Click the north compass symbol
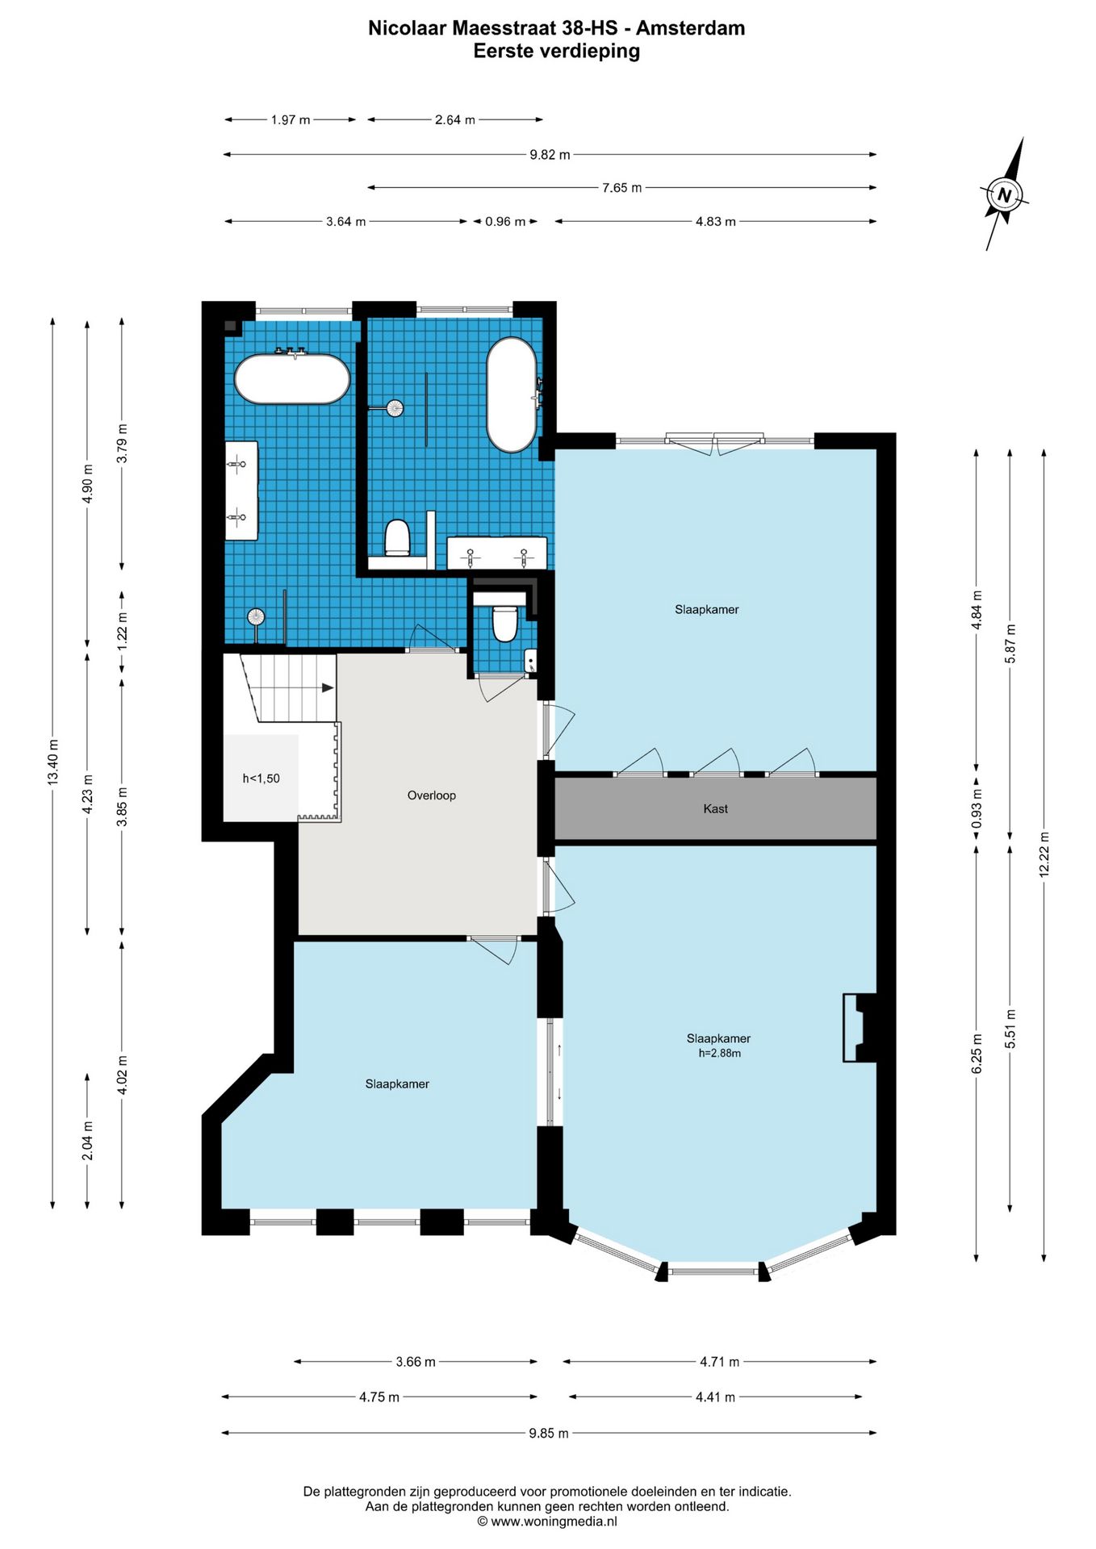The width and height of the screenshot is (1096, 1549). pyautogui.click(x=1005, y=194)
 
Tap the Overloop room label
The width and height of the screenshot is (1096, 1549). pyautogui.click(x=431, y=795)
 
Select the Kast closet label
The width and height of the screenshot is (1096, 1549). pyautogui.click(x=715, y=808)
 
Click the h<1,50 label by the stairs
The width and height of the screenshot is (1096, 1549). pyautogui.click(x=261, y=779)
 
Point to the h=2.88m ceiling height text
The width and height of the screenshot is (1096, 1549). pyautogui.click(x=719, y=1053)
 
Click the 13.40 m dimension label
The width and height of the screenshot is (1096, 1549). pyautogui.click(x=53, y=762)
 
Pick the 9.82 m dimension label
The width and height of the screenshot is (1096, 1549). pyautogui.click(x=550, y=155)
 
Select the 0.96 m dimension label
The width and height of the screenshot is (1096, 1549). pyautogui.click(x=505, y=222)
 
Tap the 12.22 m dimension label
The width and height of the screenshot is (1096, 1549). pyautogui.click(x=1044, y=854)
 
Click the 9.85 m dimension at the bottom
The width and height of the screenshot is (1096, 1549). pyautogui.click(x=549, y=1434)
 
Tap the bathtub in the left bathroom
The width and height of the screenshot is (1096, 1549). pyautogui.click(x=292, y=378)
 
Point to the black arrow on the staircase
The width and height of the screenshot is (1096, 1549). pyautogui.click(x=328, y=687)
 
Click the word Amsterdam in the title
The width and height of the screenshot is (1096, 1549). pyautogui.click(x=690, y=28)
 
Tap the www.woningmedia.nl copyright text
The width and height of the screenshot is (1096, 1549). pyautogui.click(x=547, y=1522)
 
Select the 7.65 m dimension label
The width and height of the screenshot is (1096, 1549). pyautogui.click(x=621, y=188)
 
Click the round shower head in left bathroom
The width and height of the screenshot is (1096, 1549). pyautogui.click(x=256, y=616)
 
